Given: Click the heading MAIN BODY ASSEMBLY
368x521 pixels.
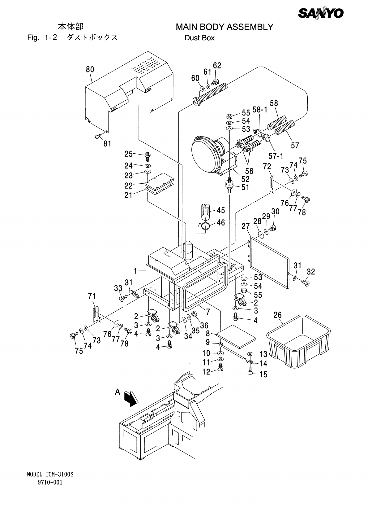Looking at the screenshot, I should (x=224, y=27).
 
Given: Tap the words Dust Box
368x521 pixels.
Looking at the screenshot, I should (x=199, y=38).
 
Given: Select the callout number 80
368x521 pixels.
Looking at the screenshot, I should (x=90, y=69).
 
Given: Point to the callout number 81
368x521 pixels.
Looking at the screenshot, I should (x=107, y=144).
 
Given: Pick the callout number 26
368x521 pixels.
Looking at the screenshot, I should (x=278, y=315).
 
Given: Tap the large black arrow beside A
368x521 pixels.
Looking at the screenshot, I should (x=130, y=398).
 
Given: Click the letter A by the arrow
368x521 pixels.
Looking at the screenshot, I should (x=118, y=392).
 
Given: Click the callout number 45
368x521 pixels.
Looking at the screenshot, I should (x=221, y=211).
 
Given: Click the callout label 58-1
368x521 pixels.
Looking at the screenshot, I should (x=260, y=110).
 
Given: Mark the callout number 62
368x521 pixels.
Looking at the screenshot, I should (x=217, y=65).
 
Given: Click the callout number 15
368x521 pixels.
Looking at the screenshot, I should (x=263, y=374).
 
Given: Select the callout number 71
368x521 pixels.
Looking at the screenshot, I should (x=92, y=296).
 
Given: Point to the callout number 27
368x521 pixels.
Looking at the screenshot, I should (x=246, y=226).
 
